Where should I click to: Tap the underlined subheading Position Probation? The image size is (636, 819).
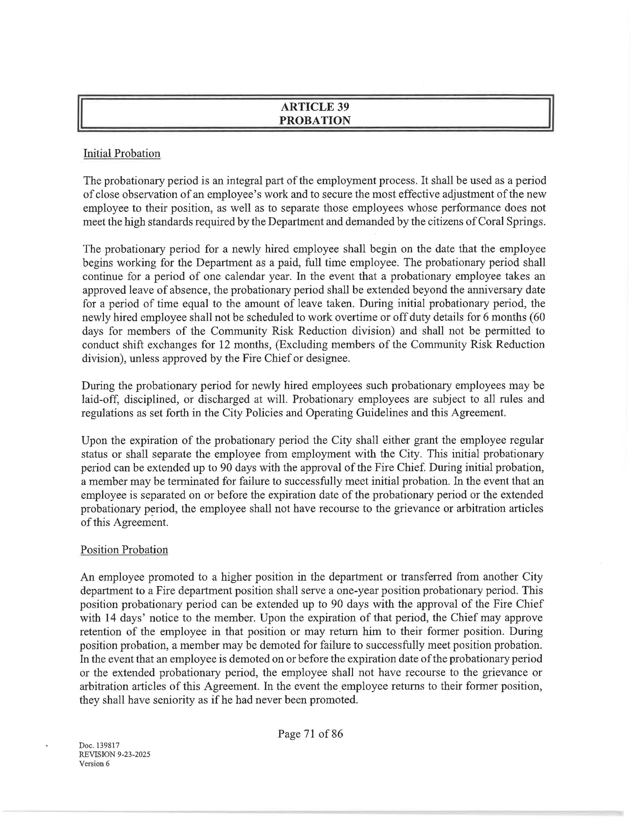124,550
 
